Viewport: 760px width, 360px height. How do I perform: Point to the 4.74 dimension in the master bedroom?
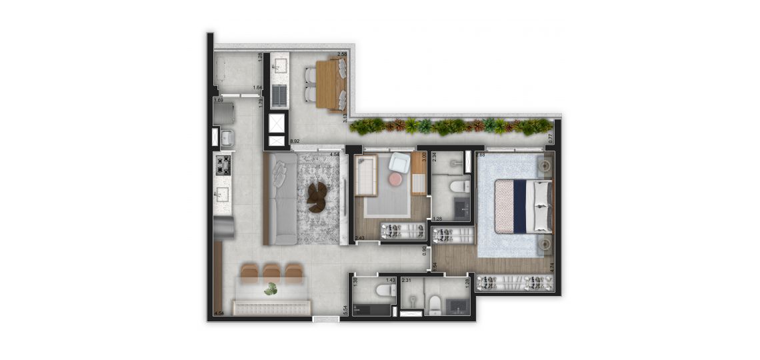[551, 266]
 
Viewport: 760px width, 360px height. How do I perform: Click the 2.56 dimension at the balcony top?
[343, 54]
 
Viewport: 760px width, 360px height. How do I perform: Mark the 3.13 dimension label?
[345, 117]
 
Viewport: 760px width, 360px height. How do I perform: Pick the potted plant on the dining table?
[270, 289]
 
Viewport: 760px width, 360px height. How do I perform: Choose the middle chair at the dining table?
[271, 271]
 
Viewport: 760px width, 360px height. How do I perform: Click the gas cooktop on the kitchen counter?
[223, 165]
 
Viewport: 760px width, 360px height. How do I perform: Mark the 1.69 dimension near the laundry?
[218, 101]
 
